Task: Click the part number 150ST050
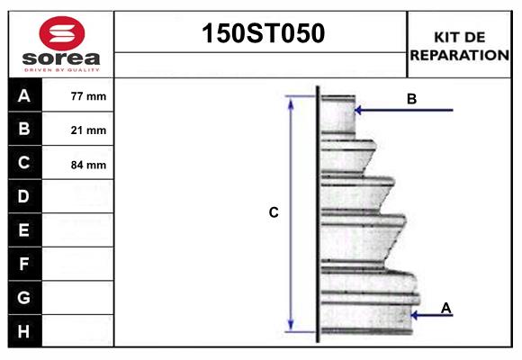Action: [261, 34]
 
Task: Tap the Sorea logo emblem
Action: [60, 32]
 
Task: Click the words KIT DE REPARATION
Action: [459, 46]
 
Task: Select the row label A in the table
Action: [24, 95]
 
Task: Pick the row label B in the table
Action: [24, 130]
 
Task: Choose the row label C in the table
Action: [24, 164]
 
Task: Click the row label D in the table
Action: [24, 196]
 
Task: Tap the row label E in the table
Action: [24, 230]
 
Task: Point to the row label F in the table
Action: [24, 264]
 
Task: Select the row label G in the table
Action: [24, 297]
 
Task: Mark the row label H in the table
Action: [24, 331]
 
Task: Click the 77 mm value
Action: [88, 96]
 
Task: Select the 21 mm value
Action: [88, 130]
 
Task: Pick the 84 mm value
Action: [88, 165]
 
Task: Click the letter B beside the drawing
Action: [411, 99]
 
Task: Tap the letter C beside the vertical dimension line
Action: [274, 213]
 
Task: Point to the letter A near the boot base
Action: [445, 309]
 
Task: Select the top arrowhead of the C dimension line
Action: [291, 100]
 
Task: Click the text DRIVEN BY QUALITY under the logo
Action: [60, 69]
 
